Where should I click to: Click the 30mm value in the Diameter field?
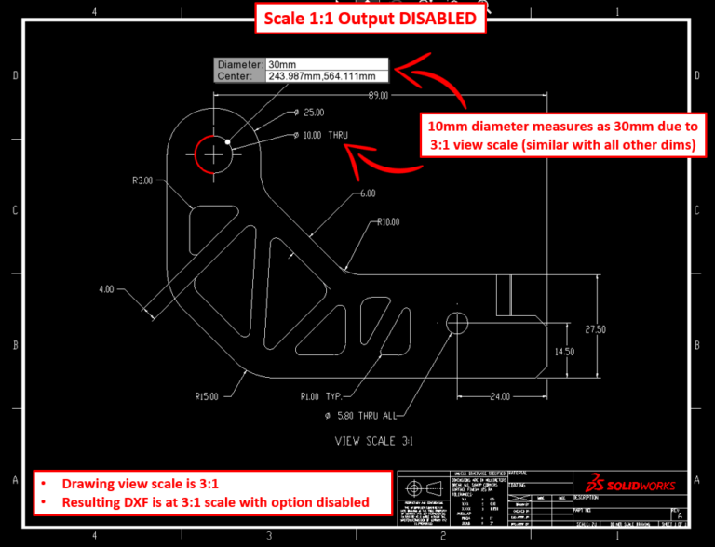279,64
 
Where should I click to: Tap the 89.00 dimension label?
377,95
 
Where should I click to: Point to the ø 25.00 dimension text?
308,112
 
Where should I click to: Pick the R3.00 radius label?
142,180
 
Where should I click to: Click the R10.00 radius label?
388,221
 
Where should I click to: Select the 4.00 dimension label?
107,289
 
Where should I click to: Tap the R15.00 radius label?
207,396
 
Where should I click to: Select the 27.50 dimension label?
595,329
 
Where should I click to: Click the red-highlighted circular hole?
213,153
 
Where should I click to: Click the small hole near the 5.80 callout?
457,322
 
